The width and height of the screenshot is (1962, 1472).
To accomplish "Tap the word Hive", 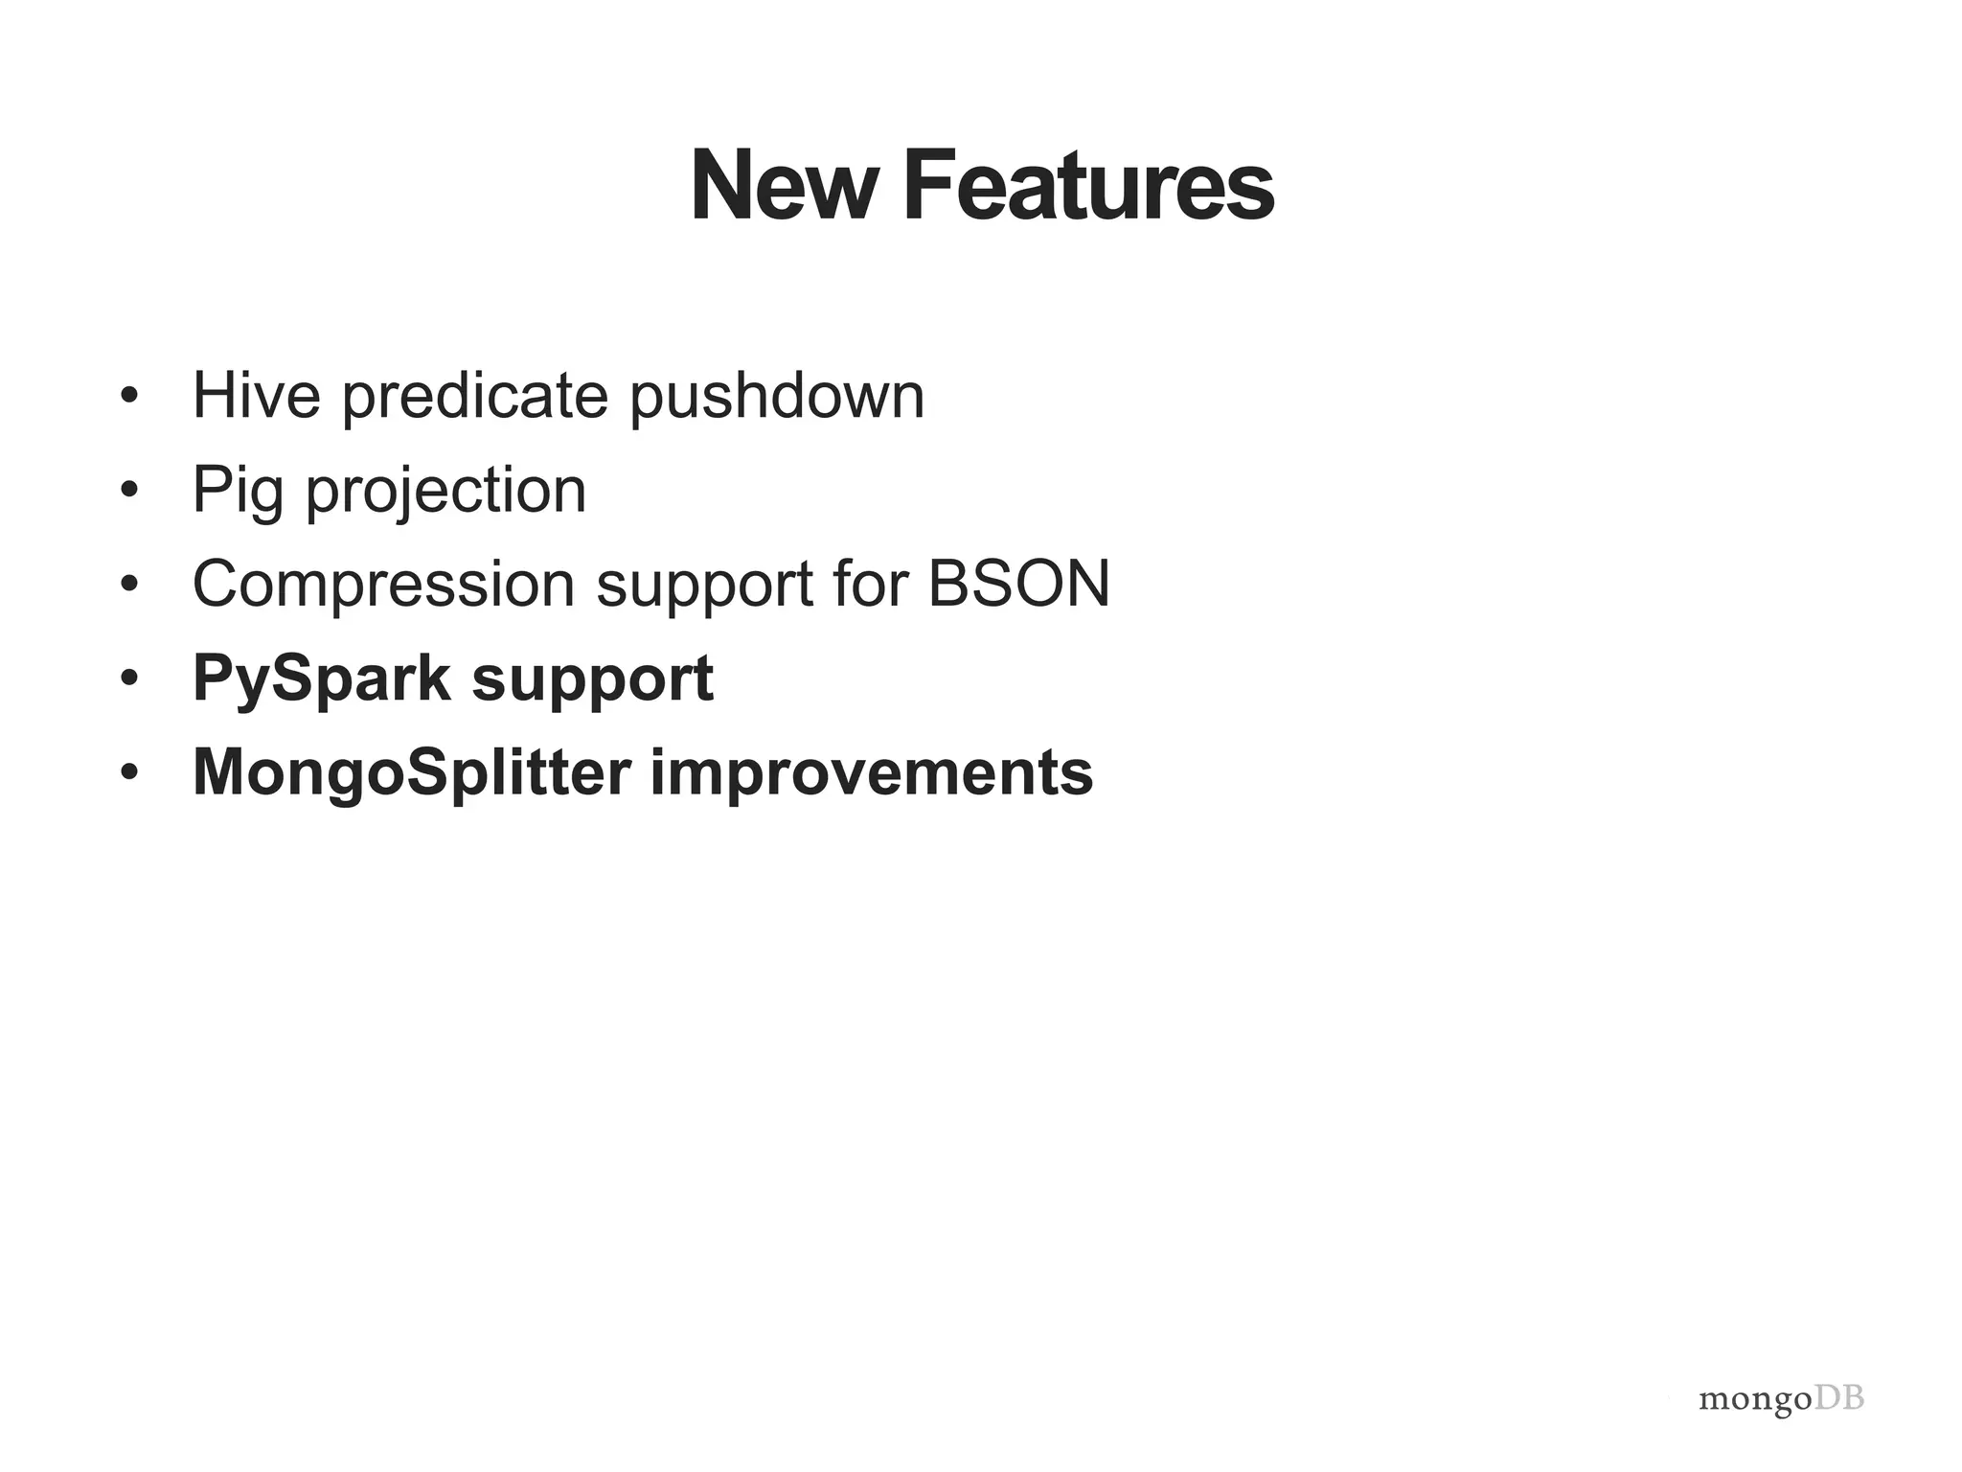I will click(x=256, y=395).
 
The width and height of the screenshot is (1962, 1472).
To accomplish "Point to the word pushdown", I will click(x=777, y=395).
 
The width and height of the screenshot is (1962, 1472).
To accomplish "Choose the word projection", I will click(x=445, y=491).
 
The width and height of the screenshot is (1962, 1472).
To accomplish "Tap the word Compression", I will click(x=383, y=584).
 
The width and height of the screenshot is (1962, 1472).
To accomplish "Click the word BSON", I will click(x=1018, y=584).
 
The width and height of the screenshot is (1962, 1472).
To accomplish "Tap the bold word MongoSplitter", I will click(x=412, y=772).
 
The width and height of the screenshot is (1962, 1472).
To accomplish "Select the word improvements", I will click(x=872, y=772).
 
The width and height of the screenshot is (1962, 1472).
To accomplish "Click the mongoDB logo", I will click(x=1781, y=1400).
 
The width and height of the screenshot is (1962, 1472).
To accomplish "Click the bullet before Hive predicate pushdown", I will click(x=130, y=396).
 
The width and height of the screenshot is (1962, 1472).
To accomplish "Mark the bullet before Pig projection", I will click(x=130, y=490).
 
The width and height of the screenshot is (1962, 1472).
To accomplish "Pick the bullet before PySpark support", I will click(x=130, y=678).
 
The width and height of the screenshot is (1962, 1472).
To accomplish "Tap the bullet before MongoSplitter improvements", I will click(x=130, y=772).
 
